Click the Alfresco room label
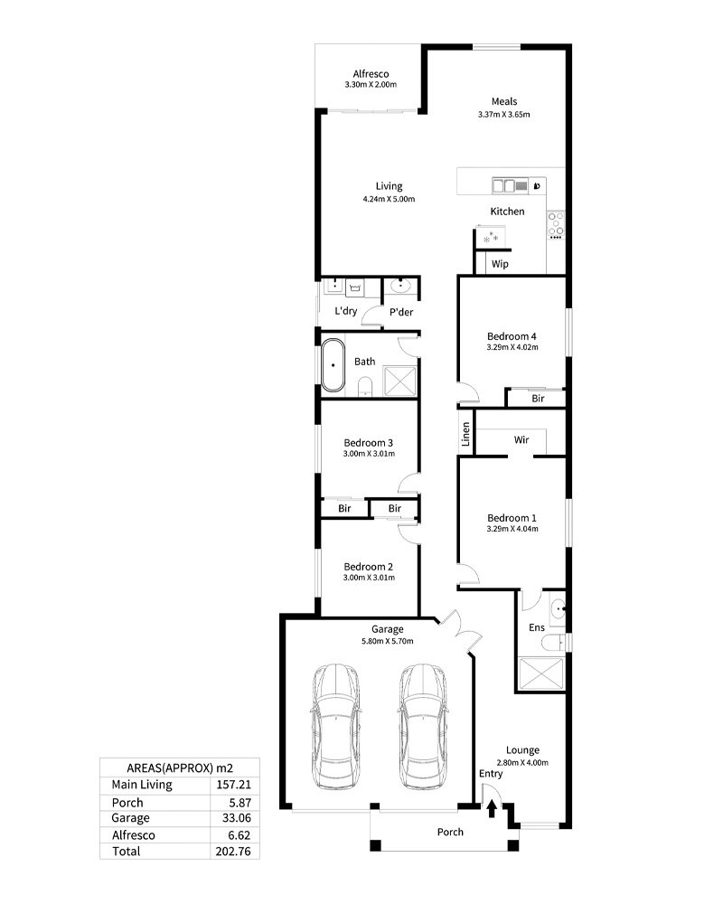371,74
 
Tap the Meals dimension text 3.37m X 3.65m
504,114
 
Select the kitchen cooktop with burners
556,225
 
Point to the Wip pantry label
500,264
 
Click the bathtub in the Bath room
333,365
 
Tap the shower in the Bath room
399,381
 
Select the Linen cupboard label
465,434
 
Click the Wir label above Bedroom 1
521,440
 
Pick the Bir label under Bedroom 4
538,399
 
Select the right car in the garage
423,727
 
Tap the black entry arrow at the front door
492,809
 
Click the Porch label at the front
450,832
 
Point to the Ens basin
559,608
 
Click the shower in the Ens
540,674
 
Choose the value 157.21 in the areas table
233,785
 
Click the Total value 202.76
233,851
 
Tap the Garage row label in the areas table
130,818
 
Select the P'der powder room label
401,312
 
